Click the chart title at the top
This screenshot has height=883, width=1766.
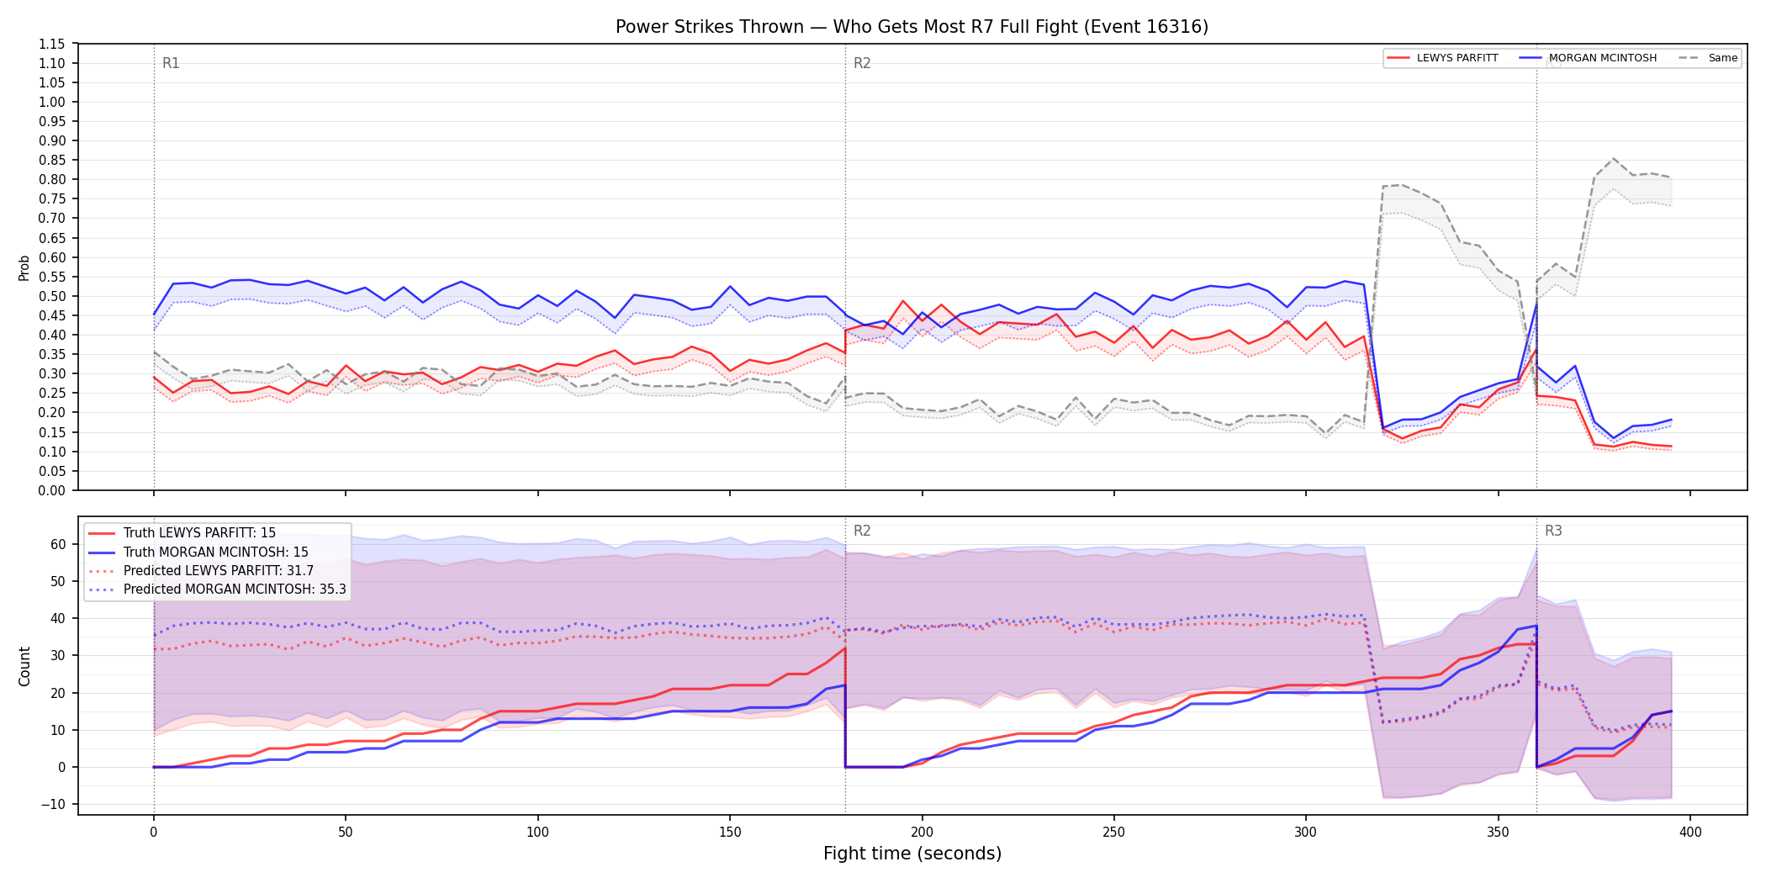(x=912, y=27)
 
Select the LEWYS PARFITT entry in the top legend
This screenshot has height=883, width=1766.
(x=1443, y=58)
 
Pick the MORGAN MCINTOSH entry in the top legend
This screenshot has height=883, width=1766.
(x=1589, y=58)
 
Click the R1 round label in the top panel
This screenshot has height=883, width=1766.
(x=171, y=63)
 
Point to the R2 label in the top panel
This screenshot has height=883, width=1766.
(x=862, y=63)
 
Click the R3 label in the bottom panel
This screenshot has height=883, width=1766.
(x=1553, y=531)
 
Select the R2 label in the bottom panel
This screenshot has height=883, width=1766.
(x=862, y=531)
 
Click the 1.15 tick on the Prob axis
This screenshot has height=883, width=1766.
(x=52, y=44)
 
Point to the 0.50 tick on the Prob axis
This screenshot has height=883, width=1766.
(x=52, y=296)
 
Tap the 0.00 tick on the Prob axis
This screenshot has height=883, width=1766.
(x=52, y=490)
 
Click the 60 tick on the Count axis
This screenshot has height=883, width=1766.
(x=58, y=544)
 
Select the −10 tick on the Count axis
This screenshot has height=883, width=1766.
(x=53, y=804)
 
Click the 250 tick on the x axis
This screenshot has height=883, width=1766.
(x=1114, y=833)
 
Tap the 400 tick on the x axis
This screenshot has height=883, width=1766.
(x=1690, y=833)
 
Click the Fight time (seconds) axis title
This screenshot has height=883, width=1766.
(x=912, y=854)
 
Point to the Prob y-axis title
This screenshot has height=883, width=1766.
(x=24, y=267)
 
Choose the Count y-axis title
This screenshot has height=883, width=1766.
(x=24, y=666)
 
